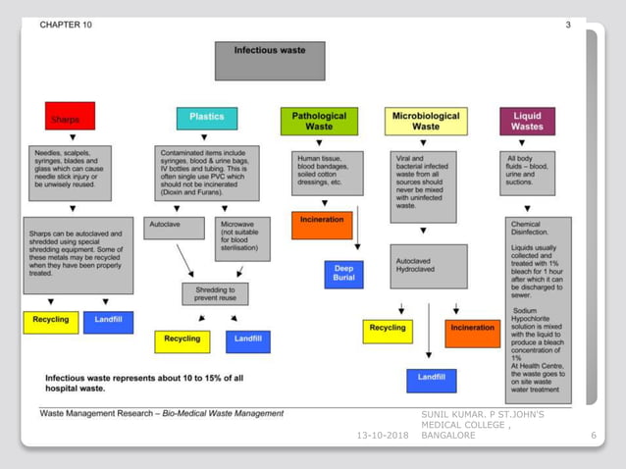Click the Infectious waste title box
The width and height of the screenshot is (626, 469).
point(270,59)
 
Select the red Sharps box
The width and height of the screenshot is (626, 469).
point(70,117)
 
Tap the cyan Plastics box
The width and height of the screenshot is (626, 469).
point(206,117)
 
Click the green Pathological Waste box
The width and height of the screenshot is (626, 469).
point(318,121)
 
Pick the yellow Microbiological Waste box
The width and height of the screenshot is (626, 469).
point(425,121)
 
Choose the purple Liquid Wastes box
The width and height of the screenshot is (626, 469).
point(527,121)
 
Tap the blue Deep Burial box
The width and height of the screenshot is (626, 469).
point(343,273)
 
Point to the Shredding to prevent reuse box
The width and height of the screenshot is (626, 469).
point(215,292)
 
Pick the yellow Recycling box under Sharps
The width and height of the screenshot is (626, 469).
point(50,321)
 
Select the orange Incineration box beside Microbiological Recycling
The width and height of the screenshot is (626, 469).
point(472,333)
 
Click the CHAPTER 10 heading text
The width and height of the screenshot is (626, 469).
point(66,25)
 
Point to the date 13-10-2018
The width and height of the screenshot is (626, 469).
point(383,435)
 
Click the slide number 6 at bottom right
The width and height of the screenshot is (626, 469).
point(594,435)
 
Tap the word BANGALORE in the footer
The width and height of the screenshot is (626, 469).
point(448,435)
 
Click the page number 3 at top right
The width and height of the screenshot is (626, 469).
point(567,25)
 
